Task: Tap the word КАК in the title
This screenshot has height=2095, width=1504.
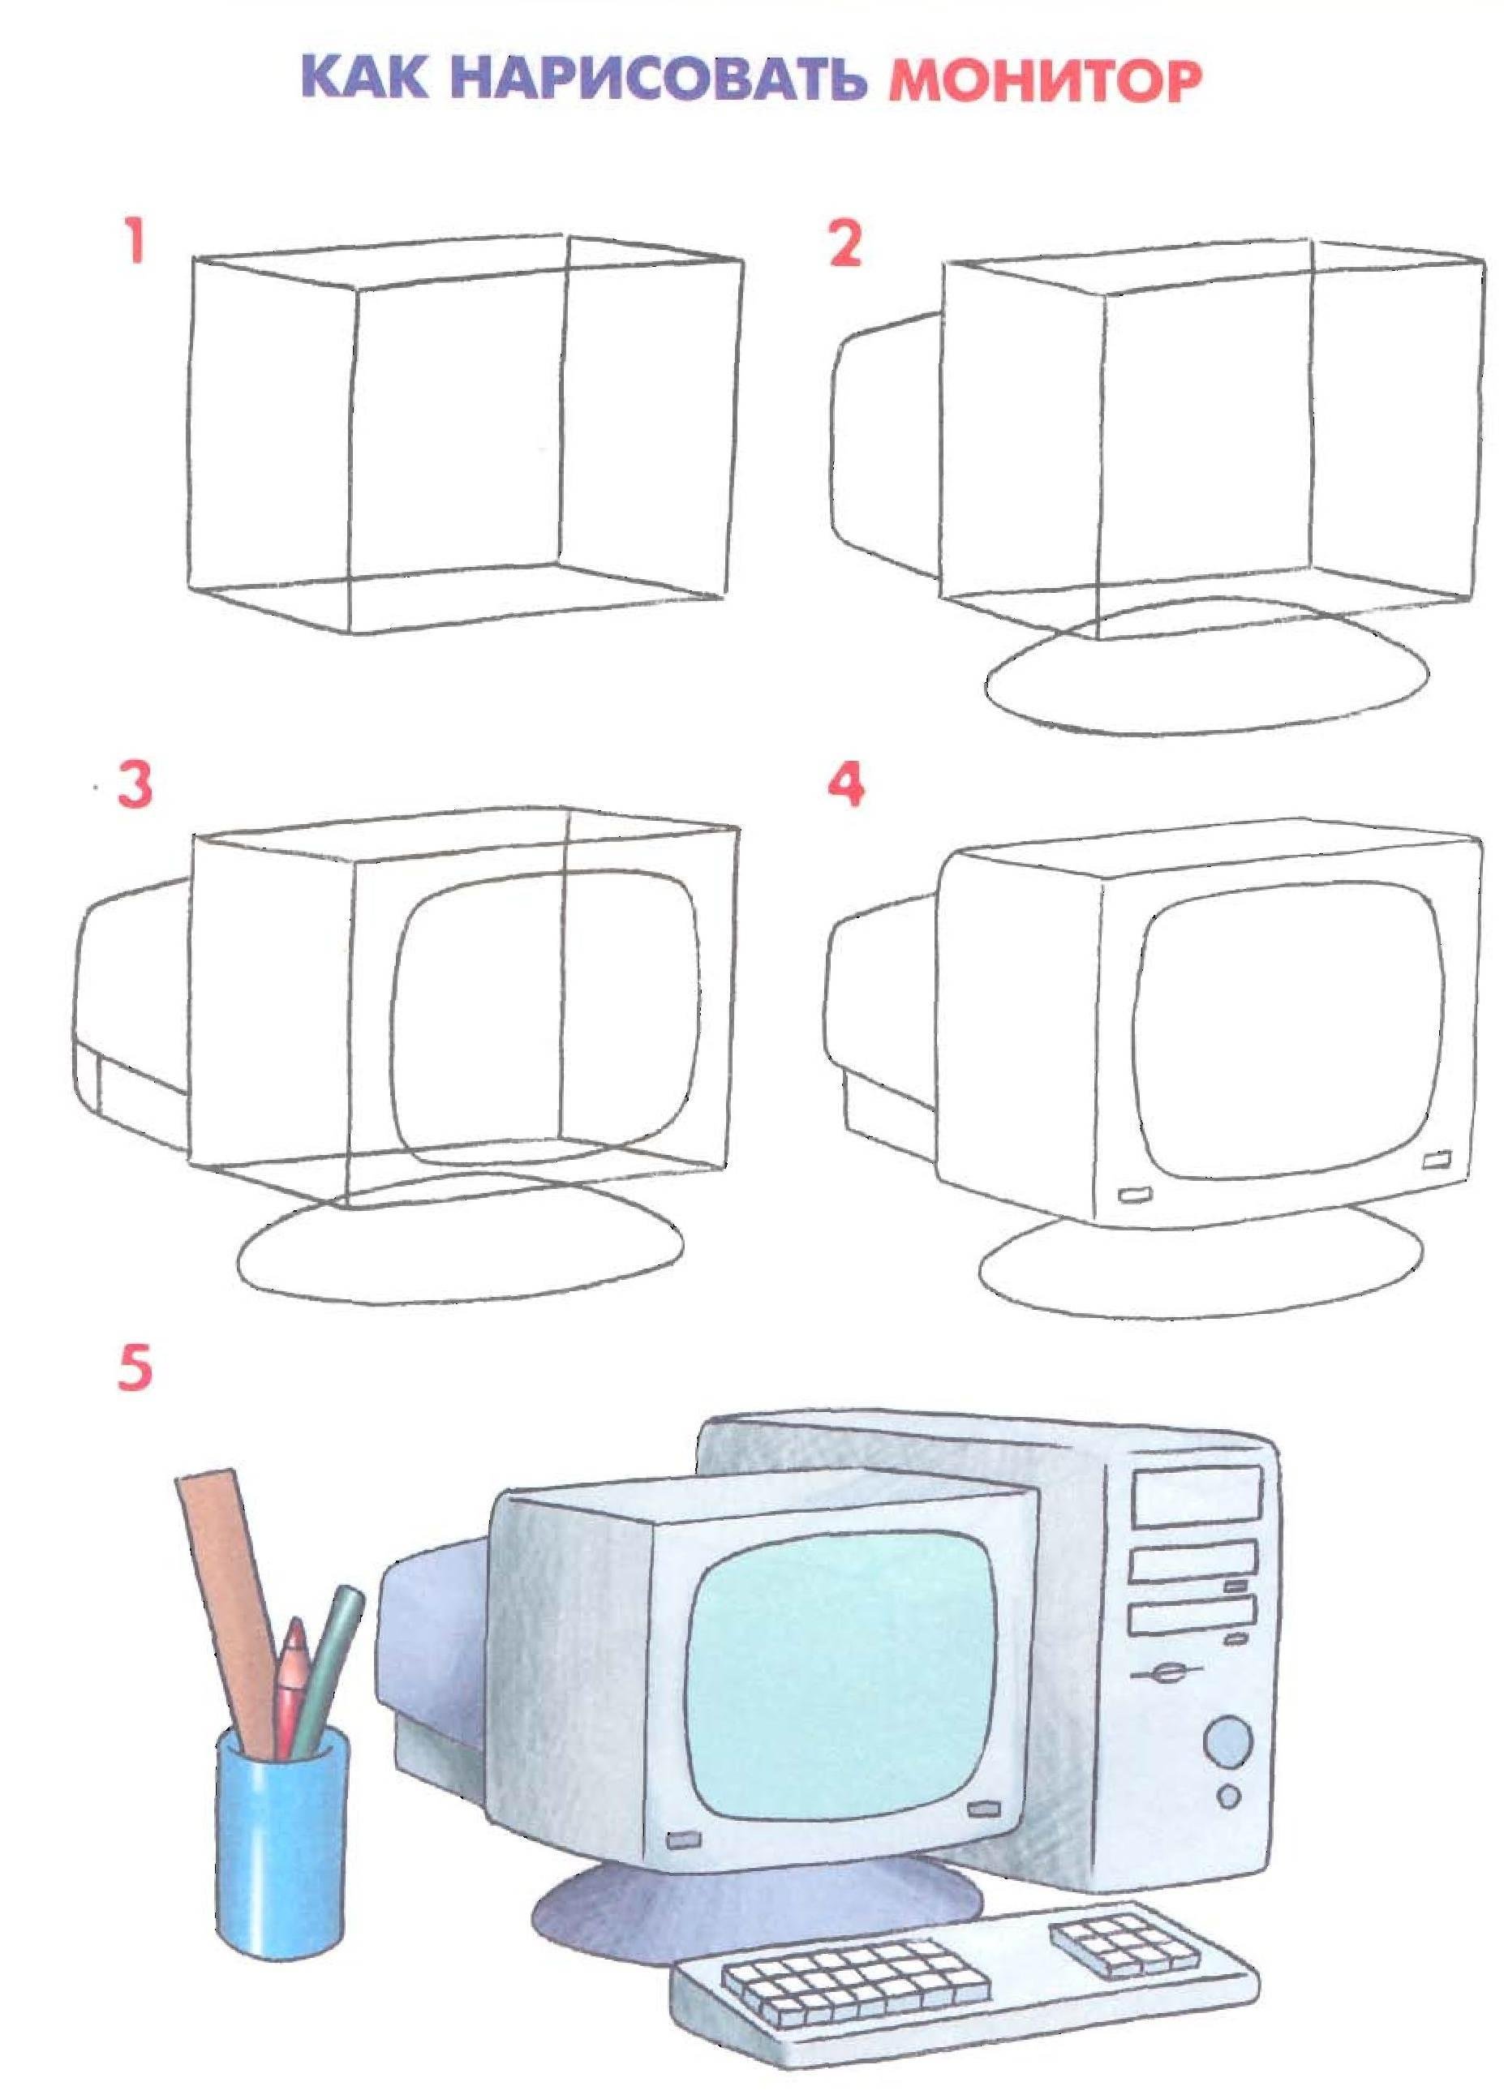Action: (366, 78)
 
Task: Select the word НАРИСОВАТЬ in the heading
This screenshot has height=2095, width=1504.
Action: (660, 79)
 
